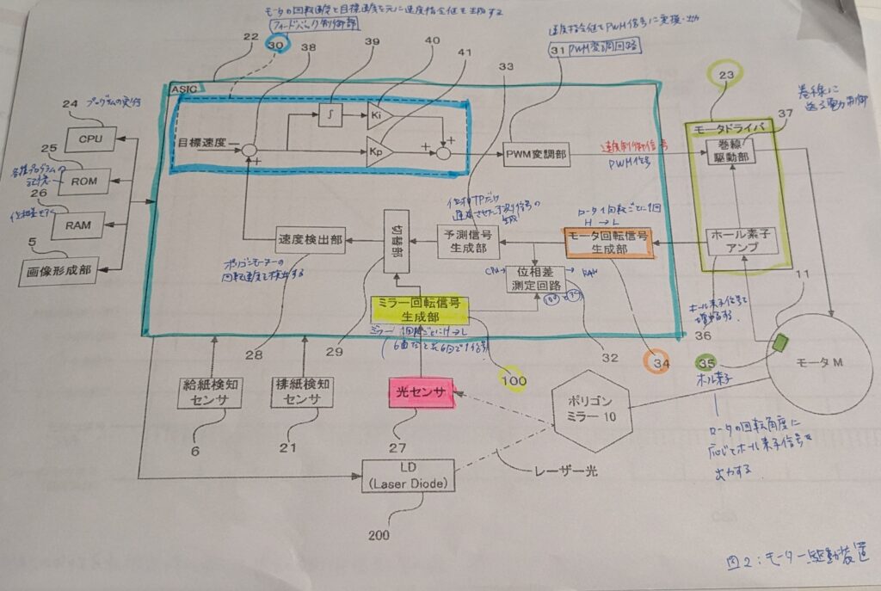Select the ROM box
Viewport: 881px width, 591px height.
point(84,181)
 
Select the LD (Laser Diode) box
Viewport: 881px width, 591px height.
point(407,476)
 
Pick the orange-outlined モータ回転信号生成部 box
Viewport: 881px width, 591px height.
point(607,242)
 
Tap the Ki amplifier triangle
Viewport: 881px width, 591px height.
point(379,113)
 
